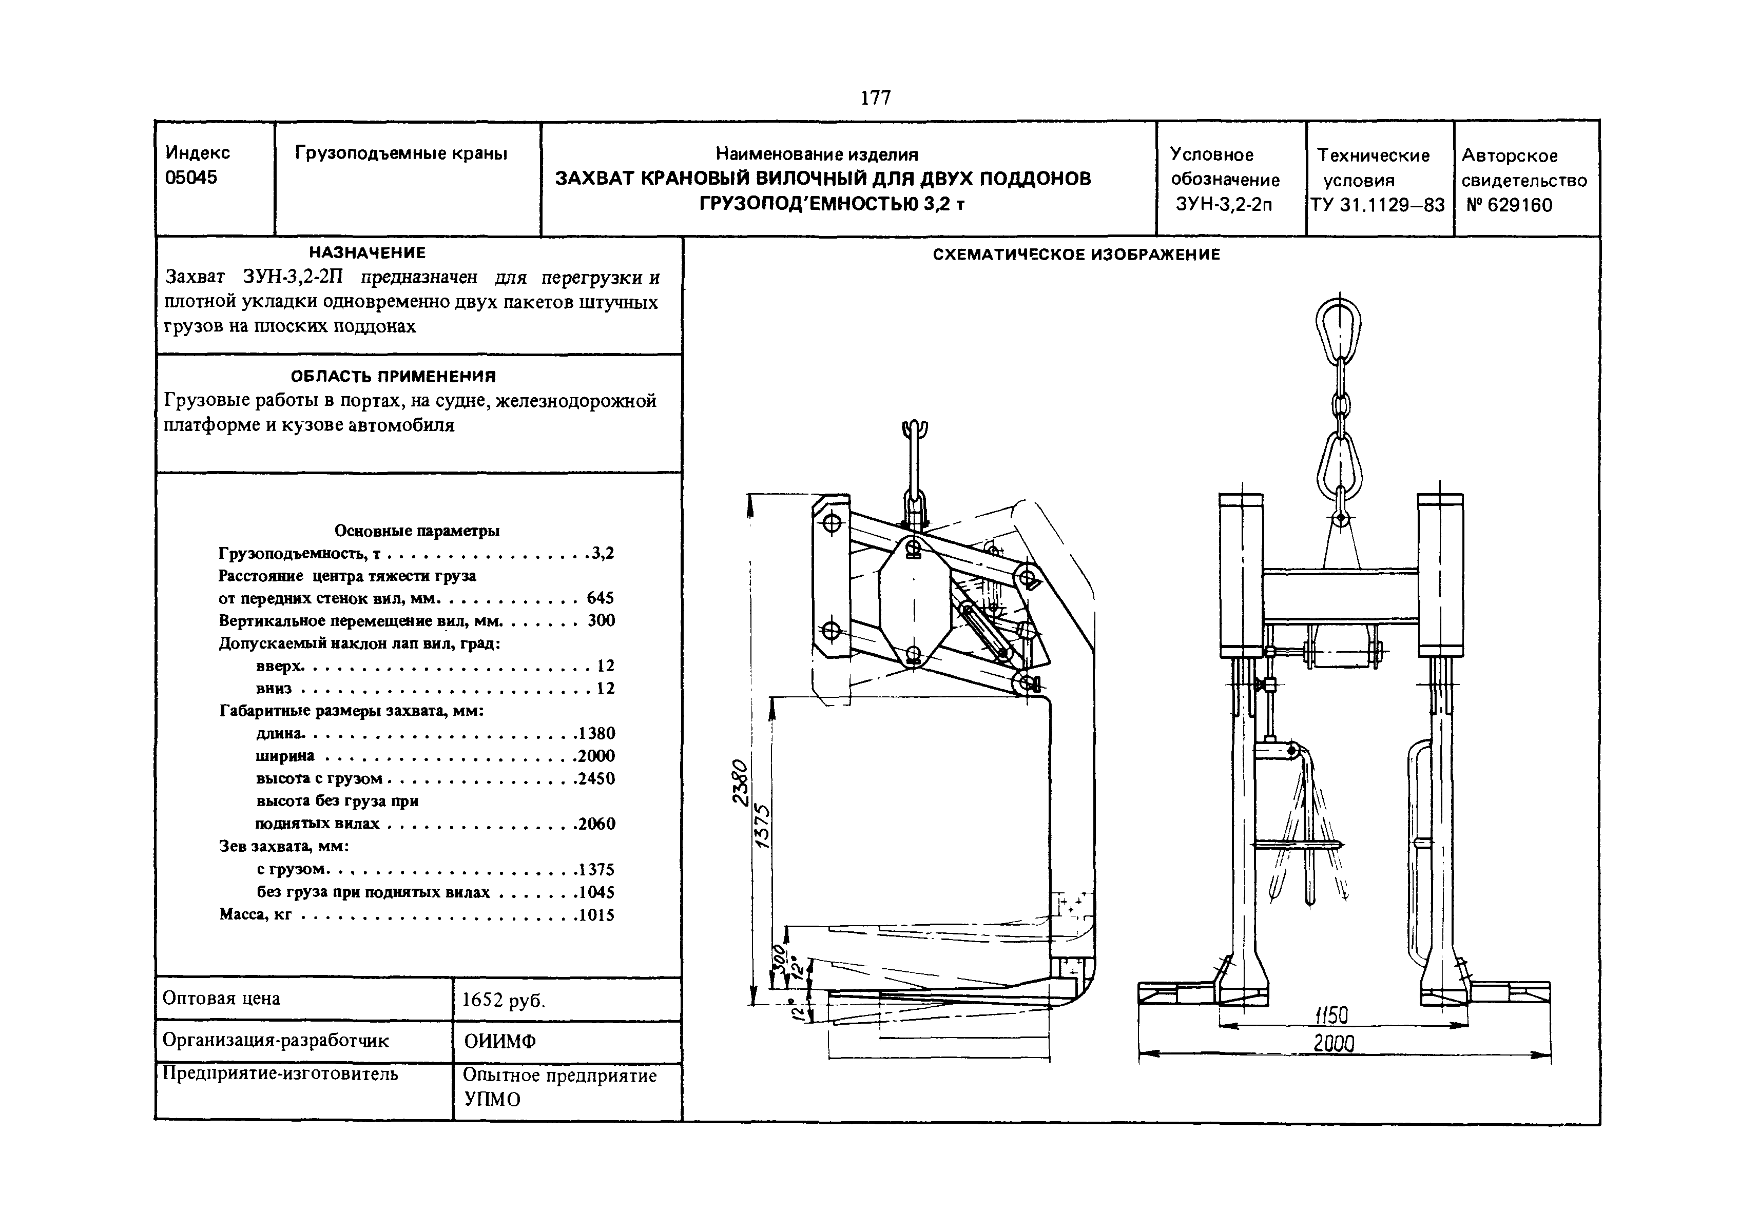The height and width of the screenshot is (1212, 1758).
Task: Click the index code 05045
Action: coord(191,178)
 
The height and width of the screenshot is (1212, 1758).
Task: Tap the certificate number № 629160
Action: coord(1509,205)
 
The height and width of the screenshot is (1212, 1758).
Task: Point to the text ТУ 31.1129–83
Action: coord(1377,205)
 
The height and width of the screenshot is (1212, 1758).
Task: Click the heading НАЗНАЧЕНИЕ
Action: coord(368,252)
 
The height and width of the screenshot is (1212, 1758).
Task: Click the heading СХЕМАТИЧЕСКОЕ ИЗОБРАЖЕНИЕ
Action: coord(1076,255)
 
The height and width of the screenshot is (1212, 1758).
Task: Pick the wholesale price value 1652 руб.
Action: coord(504,1001)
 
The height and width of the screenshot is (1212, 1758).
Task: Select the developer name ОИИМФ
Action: coord(500,1042)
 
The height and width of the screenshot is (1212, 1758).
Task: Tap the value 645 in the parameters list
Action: coord(600,598)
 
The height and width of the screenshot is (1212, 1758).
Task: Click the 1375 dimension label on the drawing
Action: coord(763,826)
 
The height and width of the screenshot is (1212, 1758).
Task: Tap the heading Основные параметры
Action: coord(417,531)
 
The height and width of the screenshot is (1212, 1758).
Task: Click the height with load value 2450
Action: coord(596,779)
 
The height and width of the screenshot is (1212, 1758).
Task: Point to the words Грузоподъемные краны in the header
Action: coord(401,154)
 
